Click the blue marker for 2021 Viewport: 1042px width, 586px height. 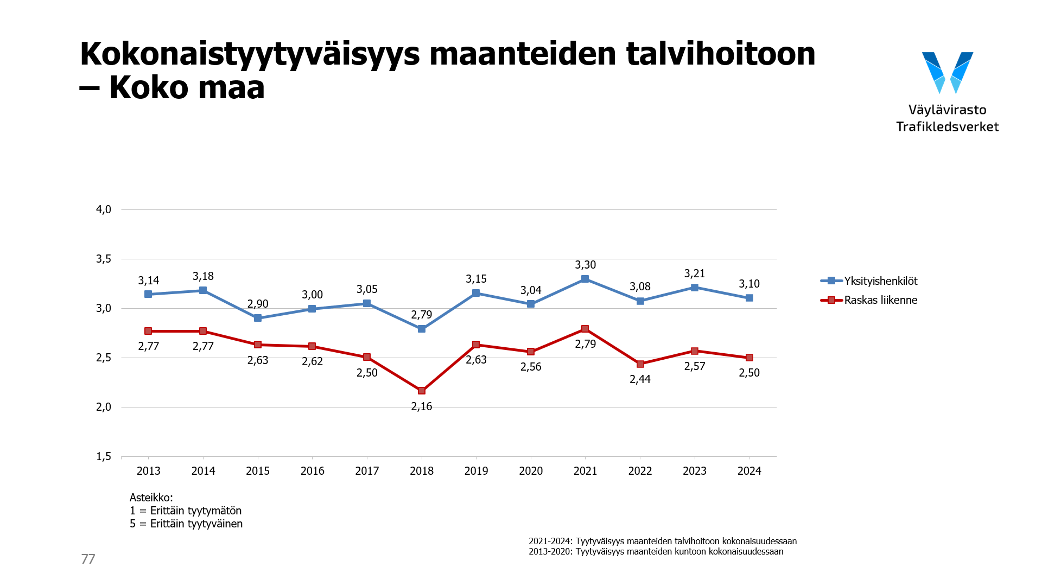point(585,279)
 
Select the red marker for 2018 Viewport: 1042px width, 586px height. point(422,391)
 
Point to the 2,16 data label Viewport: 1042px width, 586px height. point(422,406)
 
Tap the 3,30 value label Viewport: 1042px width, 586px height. point(585,265)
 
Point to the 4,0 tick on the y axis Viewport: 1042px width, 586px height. point(104,209)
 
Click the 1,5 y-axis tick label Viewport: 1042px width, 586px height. point(104,456)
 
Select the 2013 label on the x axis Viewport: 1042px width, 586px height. point(148,471)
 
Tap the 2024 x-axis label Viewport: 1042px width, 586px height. point(749,471)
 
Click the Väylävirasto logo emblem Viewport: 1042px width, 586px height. point(948,72)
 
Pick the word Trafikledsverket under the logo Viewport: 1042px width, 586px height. point(947,127)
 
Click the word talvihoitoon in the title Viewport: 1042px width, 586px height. point(720,54)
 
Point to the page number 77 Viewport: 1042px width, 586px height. point(88,559)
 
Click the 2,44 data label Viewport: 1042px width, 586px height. point(640,379)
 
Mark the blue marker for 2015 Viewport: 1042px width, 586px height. point(258,318)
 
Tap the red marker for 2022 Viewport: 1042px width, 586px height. point(640,364)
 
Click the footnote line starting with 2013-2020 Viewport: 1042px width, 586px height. point(656,552)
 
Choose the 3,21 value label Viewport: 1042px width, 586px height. point(695,273)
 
